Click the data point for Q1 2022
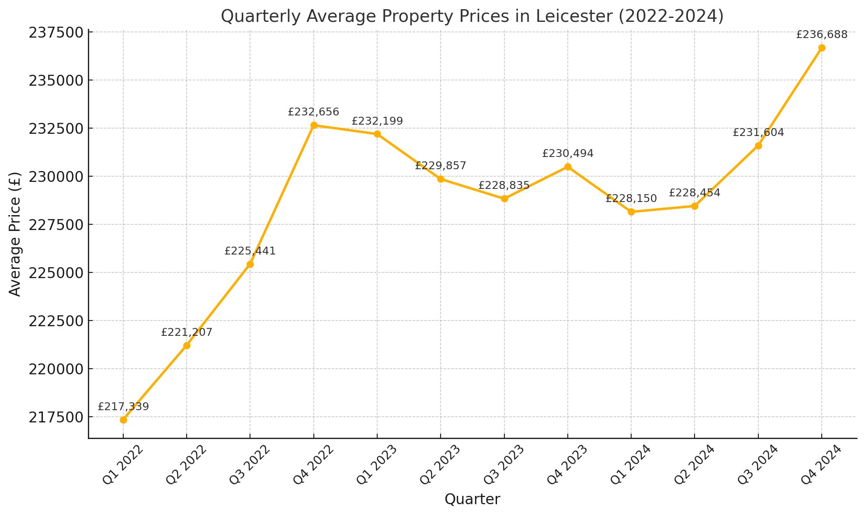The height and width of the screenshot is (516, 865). tap(123, 420)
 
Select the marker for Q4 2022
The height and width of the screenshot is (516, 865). tap(314, 126)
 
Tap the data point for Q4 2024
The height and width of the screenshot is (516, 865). tap(822, 48)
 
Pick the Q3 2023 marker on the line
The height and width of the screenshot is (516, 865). tap(504, 199)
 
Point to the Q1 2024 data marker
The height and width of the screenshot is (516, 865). tap(631, 212)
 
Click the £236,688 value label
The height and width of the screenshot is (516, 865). tap(822, 35)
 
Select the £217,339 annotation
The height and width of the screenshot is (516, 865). tap(123, 407)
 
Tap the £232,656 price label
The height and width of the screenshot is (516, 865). tap(313, 112)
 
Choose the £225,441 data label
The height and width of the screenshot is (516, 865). tap(250, 251)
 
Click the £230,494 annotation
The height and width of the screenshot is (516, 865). tap(568, 153)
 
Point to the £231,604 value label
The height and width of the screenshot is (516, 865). tap(758, 132)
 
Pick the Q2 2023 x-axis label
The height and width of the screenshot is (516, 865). tap(439, 465)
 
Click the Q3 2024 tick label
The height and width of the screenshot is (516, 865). tap(757, 465)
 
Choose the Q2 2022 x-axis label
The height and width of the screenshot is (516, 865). tap(185, 465)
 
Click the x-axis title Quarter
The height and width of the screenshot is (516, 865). tap(472, 499)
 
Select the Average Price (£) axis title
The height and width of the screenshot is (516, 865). tap(15, 234)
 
